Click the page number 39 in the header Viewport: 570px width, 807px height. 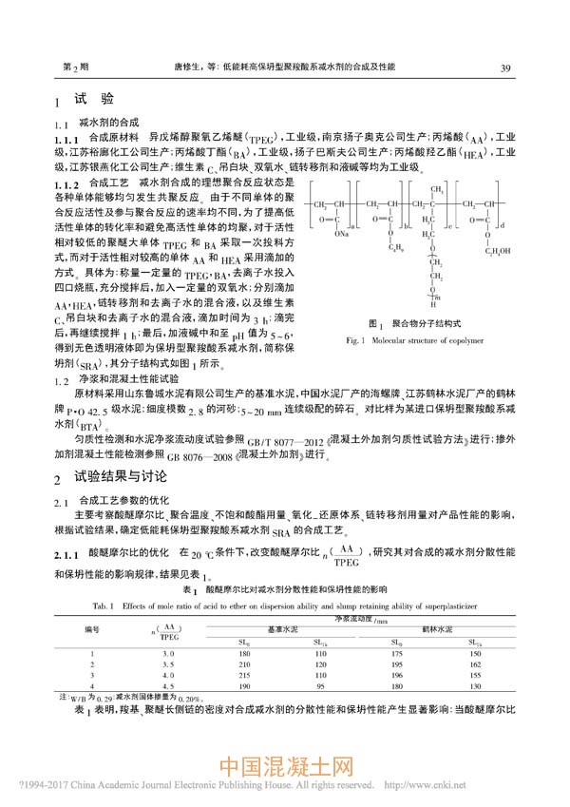click(505, 68)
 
